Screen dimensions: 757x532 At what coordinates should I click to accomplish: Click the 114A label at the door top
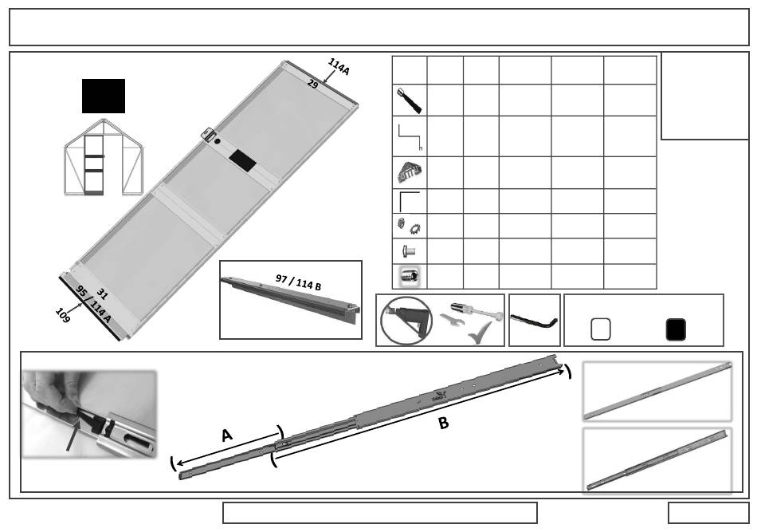tap(339, 66)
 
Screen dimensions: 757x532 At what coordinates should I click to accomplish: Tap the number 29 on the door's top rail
tap(313, 84)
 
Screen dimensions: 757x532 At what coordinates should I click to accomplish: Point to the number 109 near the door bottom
tap(63, 315)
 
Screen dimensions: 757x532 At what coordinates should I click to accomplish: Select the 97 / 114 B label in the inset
tap(298, 282)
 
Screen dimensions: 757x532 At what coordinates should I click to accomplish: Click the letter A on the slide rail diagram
tap(226, 435)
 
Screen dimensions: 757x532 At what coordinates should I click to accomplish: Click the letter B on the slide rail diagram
tap(443, 424)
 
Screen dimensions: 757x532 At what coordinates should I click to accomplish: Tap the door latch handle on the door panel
tap(208, 134)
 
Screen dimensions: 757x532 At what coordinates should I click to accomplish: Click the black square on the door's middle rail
tap(242, 160)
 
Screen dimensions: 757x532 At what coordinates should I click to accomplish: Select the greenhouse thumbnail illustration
tap(104, 157)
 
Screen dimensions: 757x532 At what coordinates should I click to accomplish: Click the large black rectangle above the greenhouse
tap(104, 97)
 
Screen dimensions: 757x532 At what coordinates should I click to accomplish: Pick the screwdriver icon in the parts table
tap(410, 100)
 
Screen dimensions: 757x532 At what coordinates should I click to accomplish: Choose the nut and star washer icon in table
tap(409, 226)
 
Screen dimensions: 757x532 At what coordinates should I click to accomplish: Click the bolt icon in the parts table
tap(408, 251)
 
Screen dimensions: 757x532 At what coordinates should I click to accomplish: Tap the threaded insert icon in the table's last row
tap(409, 277)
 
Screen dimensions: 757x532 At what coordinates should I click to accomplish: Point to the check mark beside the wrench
tap(480, 333)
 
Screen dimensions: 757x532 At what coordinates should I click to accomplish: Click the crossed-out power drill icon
tap(406, 321)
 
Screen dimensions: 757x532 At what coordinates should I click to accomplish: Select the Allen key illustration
tap(535, 321)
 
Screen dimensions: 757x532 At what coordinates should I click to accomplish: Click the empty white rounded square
tap(601, 329)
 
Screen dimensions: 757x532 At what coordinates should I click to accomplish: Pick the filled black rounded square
tap(676, 329)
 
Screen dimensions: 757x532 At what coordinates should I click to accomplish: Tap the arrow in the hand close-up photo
tap(73, 435)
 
